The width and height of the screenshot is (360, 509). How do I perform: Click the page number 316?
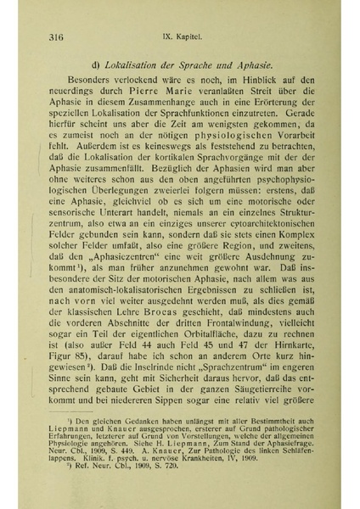[x=59, y=37]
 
